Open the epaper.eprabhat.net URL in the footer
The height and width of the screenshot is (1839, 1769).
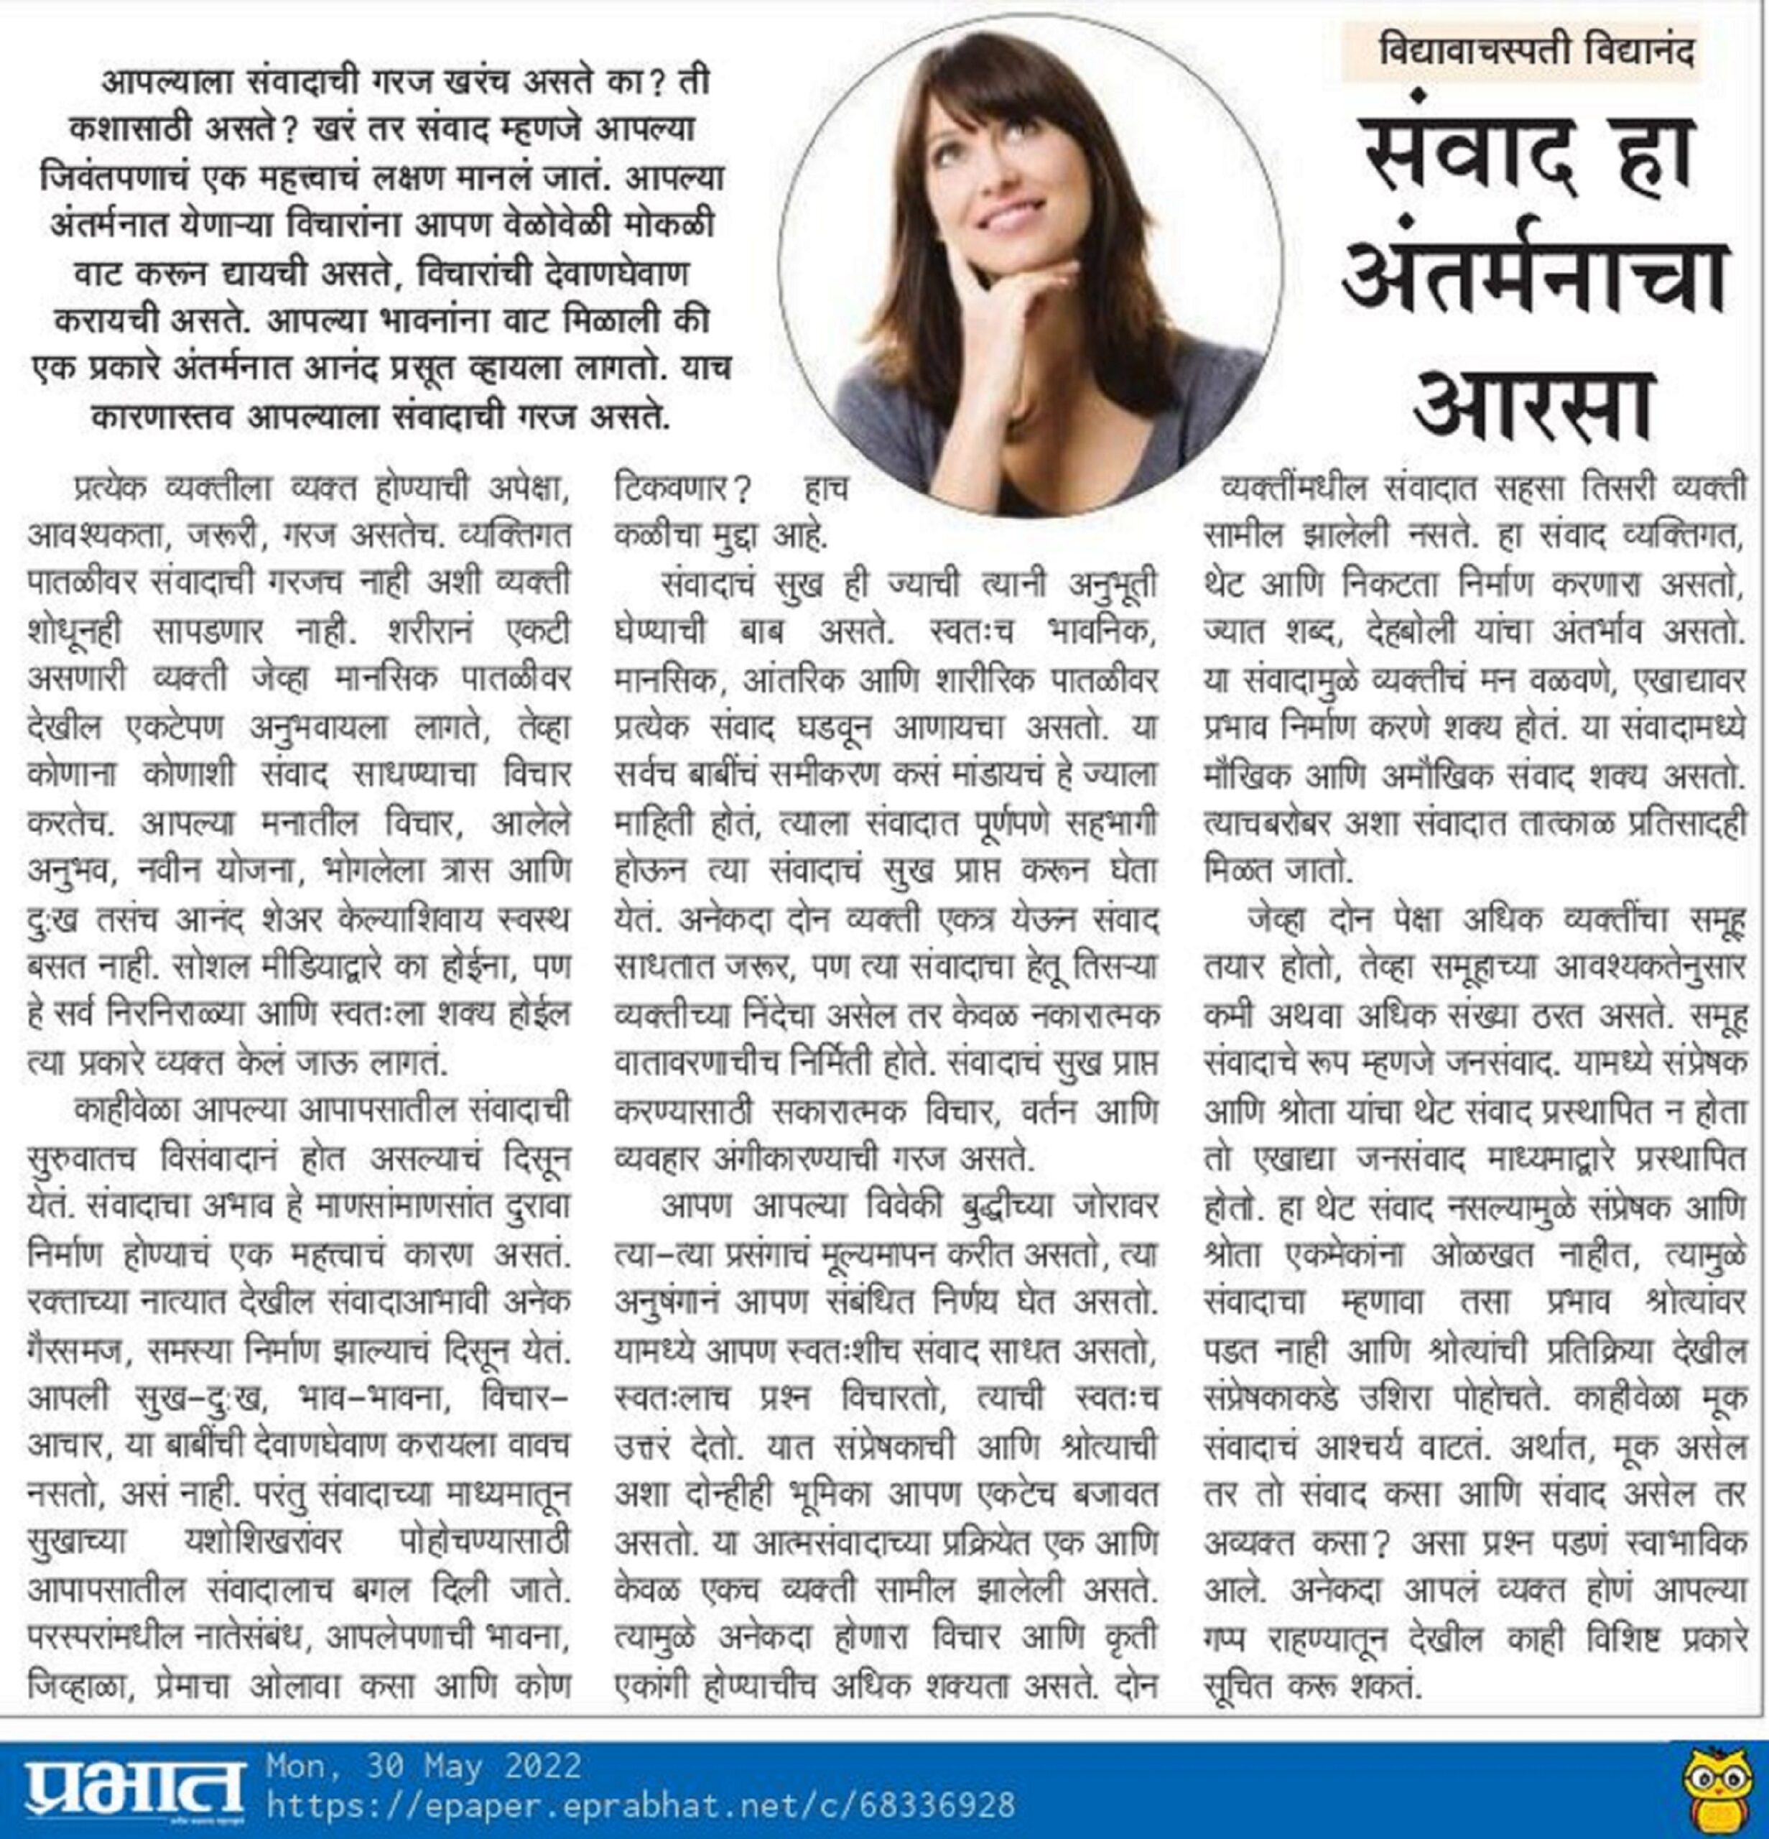tap(641, 1805)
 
